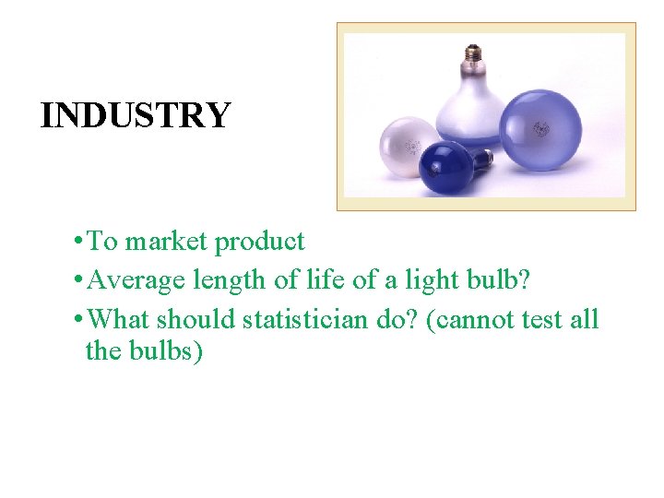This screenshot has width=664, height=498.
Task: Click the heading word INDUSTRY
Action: click(136, 115)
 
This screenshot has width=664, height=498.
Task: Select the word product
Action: click(259, 242)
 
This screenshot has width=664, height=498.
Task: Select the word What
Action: click(122, 320)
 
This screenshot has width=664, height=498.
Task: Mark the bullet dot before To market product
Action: click(80, 243)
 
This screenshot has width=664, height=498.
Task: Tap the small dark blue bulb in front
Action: click(447, 169)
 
